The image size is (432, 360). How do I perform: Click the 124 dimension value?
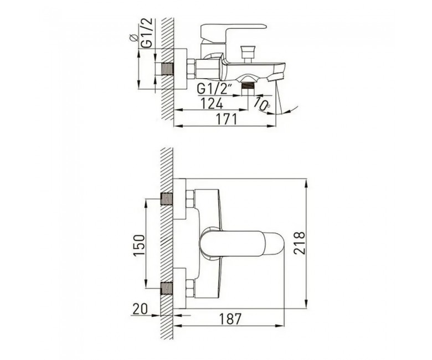(x=212, y=104)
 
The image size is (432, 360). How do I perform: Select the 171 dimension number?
(x=226, y=119)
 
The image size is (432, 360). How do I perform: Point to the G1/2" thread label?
(x=215, y=89)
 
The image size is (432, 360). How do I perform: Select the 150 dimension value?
(x=139, y=245)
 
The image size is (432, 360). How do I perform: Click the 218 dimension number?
(x=300, y=243)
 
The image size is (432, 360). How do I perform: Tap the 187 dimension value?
(x=230, y=319)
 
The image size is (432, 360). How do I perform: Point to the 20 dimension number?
(x=140, y=309)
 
